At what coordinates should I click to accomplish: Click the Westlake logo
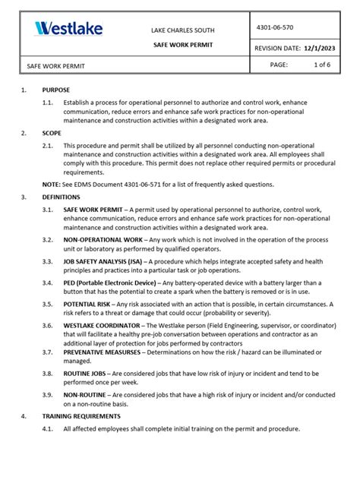(68, 30)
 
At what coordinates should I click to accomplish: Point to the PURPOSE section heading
(56, 90)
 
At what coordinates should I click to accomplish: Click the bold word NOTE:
(51, 185)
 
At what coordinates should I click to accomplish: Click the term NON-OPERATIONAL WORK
(103, 239)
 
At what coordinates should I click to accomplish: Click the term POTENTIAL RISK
(87, 303)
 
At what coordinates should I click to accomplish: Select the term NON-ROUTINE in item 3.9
(84, 395)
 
